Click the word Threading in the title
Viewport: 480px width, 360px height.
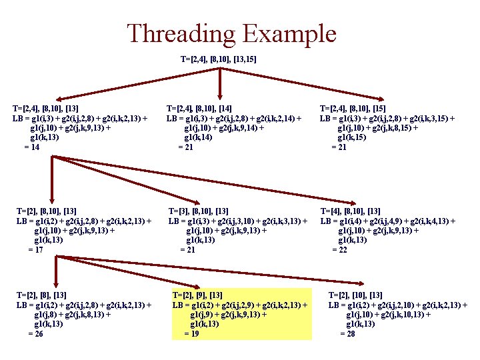[x=181, y=33]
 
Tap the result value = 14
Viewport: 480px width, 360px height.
[x=31, y=147]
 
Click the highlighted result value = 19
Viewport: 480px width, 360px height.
[x=191, y=333]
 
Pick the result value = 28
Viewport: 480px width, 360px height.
[x=347, y=333]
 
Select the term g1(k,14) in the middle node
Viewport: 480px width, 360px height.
[x=199, y=137]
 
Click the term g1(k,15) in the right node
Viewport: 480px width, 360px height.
[x=353, y=137]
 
